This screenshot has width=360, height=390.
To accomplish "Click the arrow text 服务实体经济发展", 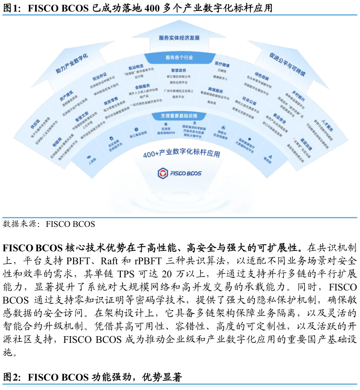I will coord(179,38).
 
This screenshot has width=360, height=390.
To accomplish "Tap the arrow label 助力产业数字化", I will coord(72,63).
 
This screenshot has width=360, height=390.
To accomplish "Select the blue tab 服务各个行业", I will coord(179,57).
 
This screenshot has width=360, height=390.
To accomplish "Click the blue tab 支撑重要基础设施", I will coord(179,116).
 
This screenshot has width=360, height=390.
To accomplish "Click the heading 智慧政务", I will coord(179,70).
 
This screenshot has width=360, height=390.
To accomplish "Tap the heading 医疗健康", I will coord(222,64).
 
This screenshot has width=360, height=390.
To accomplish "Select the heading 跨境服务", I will coord(216,90).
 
